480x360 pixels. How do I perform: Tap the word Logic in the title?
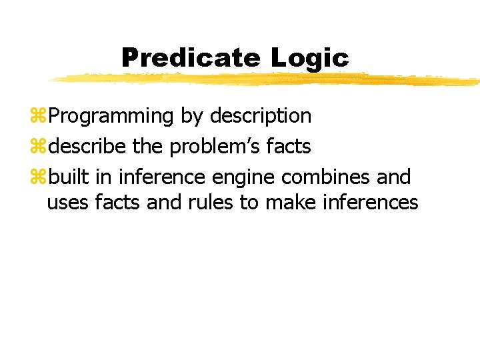[x=309, y=58]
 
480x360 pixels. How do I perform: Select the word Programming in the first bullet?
[x=111, y=116]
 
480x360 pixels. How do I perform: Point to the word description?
[x=261, y=116]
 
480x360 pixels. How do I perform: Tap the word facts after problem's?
[x=287, y=146]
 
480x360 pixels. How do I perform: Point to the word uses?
[x=69, y=202]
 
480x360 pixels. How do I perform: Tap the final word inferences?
[x=370, y=202]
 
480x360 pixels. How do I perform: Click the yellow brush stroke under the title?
[x=267, y=79]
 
